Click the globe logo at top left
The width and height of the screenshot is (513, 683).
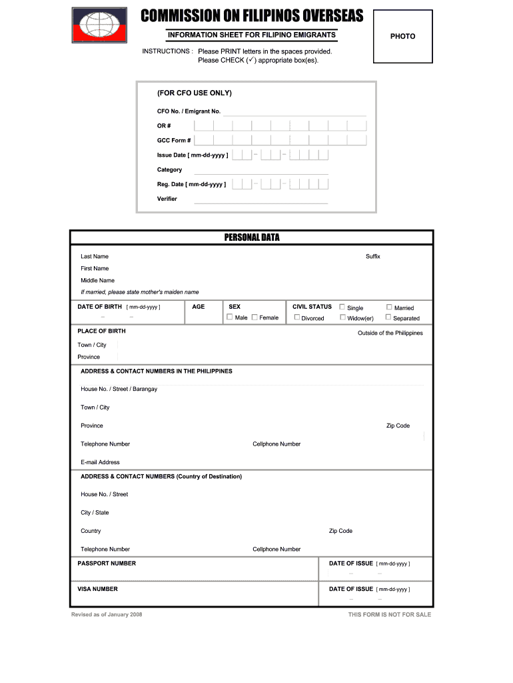click(101, 26)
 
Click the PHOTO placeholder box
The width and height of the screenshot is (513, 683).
click(402, 37)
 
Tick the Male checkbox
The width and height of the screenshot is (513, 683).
click(230, 317)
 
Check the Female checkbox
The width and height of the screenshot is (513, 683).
click(255, 317)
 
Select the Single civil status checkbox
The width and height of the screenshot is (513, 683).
click(342, 307)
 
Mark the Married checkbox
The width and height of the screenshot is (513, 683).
click(389, 307)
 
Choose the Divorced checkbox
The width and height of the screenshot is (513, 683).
click(297, 317)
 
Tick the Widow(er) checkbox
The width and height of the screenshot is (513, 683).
click(342, 317)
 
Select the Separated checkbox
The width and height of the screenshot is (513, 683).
click(389, 317)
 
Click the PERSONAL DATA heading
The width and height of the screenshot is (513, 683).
click(252, 237)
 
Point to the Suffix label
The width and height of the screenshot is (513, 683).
click(372, 257)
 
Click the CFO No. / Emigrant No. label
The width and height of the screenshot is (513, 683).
click(189, 111)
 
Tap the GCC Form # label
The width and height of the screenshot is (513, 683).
click(174, 141)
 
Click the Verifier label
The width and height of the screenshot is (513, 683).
click(167, 199)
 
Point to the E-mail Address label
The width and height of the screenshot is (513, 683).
click(101, 462)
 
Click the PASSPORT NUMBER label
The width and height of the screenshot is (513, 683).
click(107, 564)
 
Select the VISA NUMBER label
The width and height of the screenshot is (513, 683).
click(98, 589)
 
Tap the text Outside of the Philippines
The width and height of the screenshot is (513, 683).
click(390, 333)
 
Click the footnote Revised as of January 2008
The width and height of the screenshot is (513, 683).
click(107, 614)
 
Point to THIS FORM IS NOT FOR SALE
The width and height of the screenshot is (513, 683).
click(389, 615)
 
